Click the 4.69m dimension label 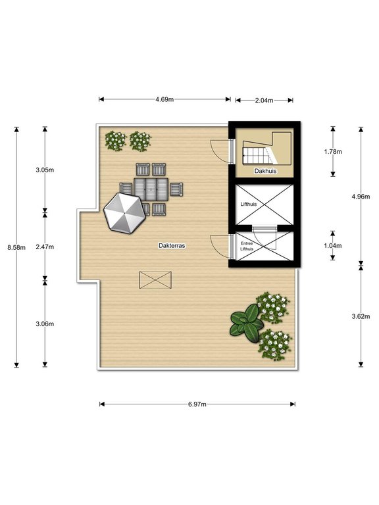pyautogui.click(x=164, y=100)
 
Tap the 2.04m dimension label pyautogui.click(x=264, y=100)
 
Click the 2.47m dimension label pyautogui.click(x=45, y=247)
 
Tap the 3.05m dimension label pyautogui.click(x=45, y=169)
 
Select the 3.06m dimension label pyautogui.click(x=45, y=324)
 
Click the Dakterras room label pyautogui.click(x=172, y=245)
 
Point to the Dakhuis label pyautogui.click(x=265, y=171)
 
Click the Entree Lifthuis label pyautogui.click(x=247, y=247)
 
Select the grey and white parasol pyautogui.click(x=123, y=212)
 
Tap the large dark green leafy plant pyautogui.click(x=245, y=323)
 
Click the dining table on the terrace pyautogui.click(x=151, y=190)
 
